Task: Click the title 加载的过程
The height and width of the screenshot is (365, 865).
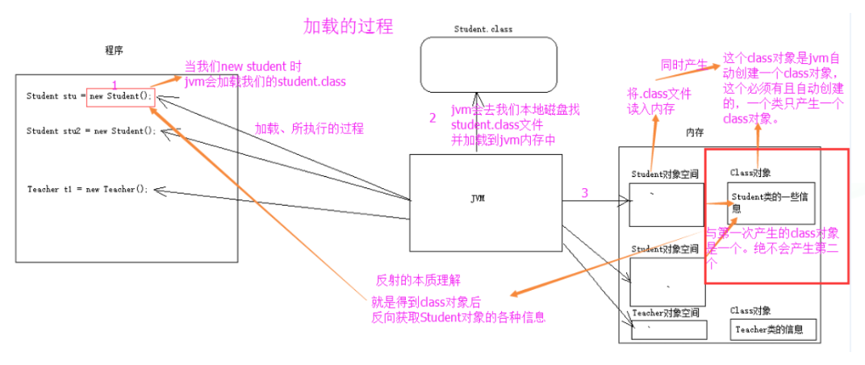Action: coord(348,26)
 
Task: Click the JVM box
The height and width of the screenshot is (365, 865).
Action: coord(478,196)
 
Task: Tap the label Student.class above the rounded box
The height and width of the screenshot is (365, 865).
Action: coord(483,29)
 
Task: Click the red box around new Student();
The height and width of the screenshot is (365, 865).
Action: coord(119,96)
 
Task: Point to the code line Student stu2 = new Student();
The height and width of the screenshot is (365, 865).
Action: coord(90,131)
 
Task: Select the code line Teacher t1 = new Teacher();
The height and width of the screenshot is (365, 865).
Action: coord(87,190)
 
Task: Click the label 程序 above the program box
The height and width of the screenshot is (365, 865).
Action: coord(114,50)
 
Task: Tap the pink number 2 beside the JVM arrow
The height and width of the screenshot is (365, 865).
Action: coord(432,118)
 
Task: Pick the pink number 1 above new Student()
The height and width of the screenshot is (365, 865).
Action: coord(115,85)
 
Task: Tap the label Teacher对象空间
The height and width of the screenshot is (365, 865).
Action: coord(665,313)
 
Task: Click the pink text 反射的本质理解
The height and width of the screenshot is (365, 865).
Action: coord(418,281)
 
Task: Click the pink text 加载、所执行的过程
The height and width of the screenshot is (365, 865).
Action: coord(310,128)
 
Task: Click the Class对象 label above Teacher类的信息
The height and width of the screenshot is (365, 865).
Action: coord(750,310)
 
